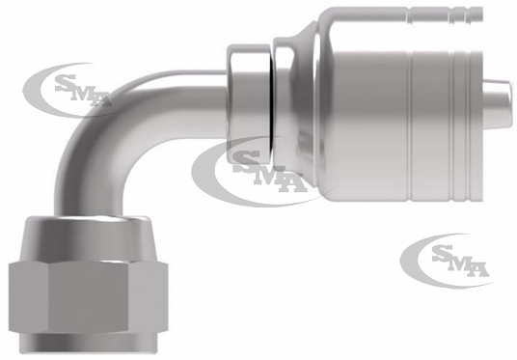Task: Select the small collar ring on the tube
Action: pyautogui.click(x=248, y=103)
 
